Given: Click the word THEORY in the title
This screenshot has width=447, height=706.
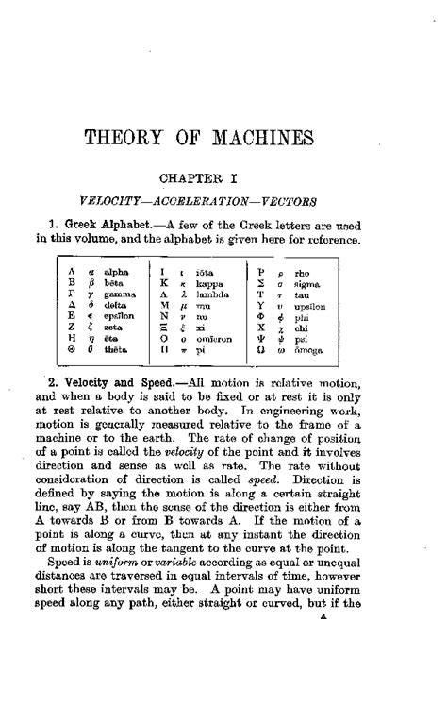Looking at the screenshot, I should [x=127, y=138].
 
